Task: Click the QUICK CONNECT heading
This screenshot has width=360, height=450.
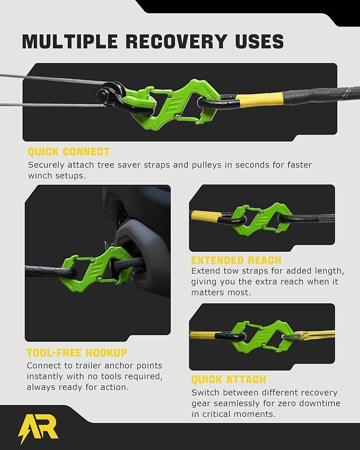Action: pos(68,152)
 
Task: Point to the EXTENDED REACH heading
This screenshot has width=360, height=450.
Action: pos(236,260)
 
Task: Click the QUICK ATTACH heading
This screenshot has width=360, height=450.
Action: pos(229,380)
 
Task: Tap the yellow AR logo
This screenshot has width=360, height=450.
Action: pos(38,427)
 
